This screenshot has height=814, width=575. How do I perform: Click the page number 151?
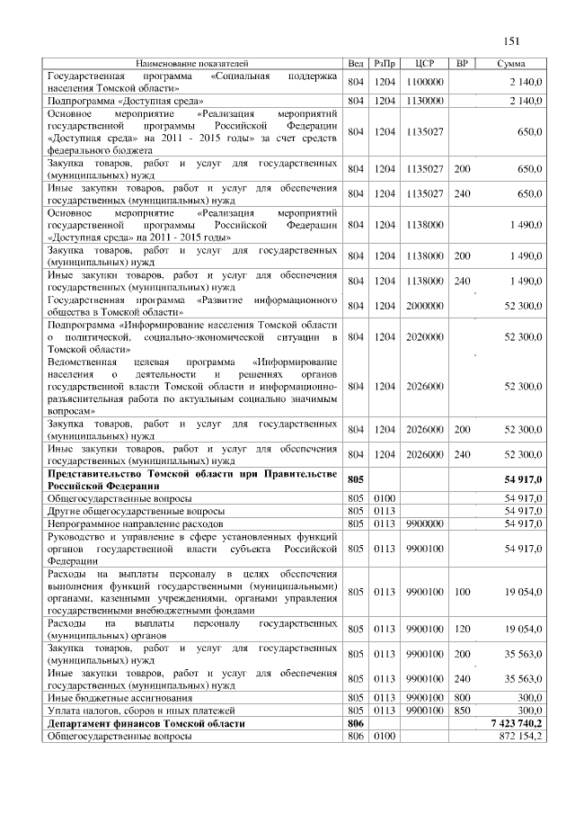(x=513, y=40)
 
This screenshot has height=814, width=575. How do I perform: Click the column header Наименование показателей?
(x=191, y=64)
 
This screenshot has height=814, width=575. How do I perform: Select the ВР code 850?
(x=463, y=710)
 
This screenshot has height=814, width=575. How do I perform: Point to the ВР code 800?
(x=463, y=697)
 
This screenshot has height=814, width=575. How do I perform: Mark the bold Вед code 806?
(x=355, y=722)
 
